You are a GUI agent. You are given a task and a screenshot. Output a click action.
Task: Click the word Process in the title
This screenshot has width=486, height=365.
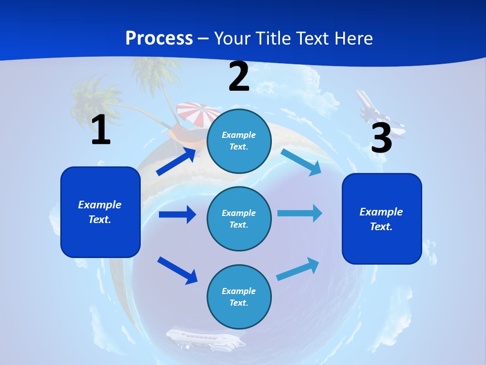[159, 38]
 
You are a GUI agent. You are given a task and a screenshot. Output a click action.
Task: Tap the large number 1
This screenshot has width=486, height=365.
[101, 130]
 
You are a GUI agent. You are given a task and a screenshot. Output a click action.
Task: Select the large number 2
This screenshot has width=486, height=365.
[239, 77]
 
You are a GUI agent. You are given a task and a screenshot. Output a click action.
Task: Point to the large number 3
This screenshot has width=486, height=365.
[381, 138]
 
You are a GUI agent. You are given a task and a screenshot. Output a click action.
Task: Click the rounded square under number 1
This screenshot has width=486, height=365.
[100, 212]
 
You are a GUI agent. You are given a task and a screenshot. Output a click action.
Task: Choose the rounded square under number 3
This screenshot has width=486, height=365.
[382, 219]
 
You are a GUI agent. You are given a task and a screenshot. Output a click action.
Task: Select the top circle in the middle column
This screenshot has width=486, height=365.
[239, 141]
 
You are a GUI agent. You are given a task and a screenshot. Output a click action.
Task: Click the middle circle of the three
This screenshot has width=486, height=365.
[239, 218]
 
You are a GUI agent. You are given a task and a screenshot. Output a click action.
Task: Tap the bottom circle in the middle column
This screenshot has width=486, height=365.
[239, 297]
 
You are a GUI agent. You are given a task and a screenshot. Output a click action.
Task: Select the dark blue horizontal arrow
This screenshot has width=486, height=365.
[177, 214]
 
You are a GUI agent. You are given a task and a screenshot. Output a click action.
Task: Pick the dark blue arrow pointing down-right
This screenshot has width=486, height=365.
[178, 270]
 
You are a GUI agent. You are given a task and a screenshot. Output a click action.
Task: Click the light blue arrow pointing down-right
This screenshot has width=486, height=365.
[301, 162]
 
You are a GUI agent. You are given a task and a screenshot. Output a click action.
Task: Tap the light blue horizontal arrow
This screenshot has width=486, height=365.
[300, 213]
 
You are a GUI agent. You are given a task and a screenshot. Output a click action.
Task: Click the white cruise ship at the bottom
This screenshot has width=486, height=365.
[205, 339]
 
